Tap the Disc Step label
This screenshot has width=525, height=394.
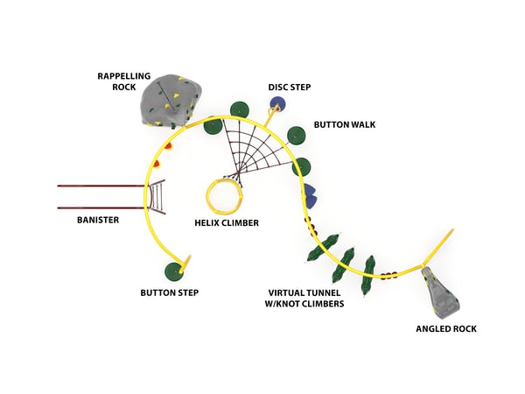289,87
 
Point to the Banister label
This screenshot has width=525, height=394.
97,220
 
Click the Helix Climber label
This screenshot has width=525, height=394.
227,223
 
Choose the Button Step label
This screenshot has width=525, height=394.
168,292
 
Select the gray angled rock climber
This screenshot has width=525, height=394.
443,292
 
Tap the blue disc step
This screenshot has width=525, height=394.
277,104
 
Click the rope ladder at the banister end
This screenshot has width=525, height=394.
158,197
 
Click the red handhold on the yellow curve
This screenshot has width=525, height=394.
157,163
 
